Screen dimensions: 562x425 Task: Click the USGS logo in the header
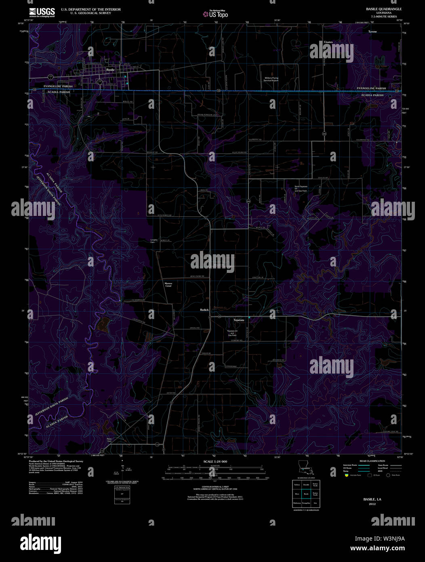coord(42,13)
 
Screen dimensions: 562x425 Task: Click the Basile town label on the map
coord(110,70)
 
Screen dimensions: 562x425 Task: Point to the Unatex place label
coord(328,42)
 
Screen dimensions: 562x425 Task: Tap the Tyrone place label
coord(372,31)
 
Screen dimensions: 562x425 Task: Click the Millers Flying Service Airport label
coord(271,79)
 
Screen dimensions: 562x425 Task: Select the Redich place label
coord(204,310)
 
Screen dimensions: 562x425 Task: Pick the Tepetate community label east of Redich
coord(239,320)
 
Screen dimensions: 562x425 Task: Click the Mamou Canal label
coord(168,285)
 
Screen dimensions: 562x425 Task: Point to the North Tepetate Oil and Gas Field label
coord(301,188)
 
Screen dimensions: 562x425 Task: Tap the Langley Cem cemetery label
coord(154,241)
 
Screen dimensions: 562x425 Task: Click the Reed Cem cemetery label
coord(109,439)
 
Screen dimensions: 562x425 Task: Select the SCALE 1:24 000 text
coord(215,461)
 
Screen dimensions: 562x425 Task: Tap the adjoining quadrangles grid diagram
coord(306,494)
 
